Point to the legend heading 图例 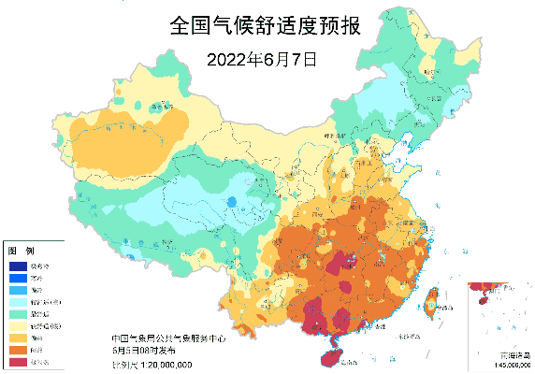tap(21, 252)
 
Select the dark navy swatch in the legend tap(16, 266)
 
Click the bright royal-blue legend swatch tap(16, 278)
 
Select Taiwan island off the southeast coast tap(432, 300)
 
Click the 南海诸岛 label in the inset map tap(515, 356)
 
